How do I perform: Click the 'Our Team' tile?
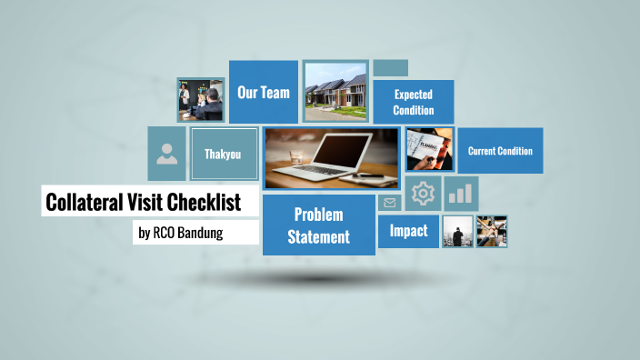pos(264,92)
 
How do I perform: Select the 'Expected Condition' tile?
pos(413,101)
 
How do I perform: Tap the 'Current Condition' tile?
pos(500,151)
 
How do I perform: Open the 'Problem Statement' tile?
pos(318,225)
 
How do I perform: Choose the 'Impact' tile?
pos(408,231)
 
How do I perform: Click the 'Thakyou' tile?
pos(222,154)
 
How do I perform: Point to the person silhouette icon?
pos(166,154)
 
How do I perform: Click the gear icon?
pos(423,194)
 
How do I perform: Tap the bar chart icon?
pos(462,194)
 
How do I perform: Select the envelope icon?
pos(390,203)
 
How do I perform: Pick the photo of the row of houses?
pos(335,92)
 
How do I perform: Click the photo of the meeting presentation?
pos(200,99)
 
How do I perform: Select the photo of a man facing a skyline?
pos(457,232)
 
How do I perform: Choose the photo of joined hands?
pos(492,232)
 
